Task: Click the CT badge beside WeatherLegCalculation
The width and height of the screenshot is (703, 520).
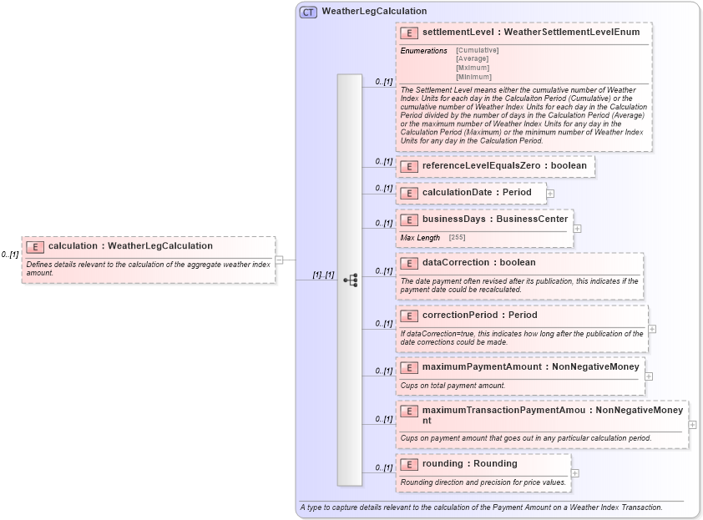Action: tap(308, 12)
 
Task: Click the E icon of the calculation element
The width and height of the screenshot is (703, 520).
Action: tap(35, 246)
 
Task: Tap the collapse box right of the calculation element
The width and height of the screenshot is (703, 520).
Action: tap(280, 260)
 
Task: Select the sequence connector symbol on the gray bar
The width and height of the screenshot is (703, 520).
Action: tap(351, 280)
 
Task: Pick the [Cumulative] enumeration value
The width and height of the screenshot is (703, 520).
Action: tap(478, 50)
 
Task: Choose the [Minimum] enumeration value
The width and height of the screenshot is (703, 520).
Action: tap(473, 77)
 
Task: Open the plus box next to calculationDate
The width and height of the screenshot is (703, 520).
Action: tap(550, 193)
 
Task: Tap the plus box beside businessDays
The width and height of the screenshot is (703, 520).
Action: tap(578, 228)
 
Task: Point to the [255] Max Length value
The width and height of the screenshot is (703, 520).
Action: tap(457, 238)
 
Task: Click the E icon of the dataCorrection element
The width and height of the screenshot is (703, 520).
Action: tap(409, 263)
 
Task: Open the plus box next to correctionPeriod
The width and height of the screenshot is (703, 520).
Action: tap(652, 329)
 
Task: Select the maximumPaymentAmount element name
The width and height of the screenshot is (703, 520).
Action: tap(480, 366)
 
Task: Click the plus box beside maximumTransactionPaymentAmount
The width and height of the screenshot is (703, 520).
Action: tap(693, 424)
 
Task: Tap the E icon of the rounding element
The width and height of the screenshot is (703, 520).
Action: tap(409, 464)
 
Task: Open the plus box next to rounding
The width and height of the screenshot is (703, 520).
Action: tap(575, 472)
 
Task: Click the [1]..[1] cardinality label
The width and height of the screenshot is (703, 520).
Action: tap(323, 275)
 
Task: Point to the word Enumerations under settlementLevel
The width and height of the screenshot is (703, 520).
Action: tap(423, 51)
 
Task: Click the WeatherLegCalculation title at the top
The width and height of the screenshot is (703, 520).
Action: tap(374, 12)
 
